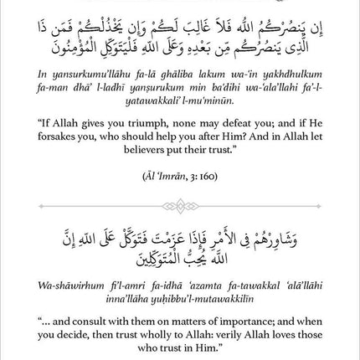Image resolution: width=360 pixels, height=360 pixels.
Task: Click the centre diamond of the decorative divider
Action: pos(180,206)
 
